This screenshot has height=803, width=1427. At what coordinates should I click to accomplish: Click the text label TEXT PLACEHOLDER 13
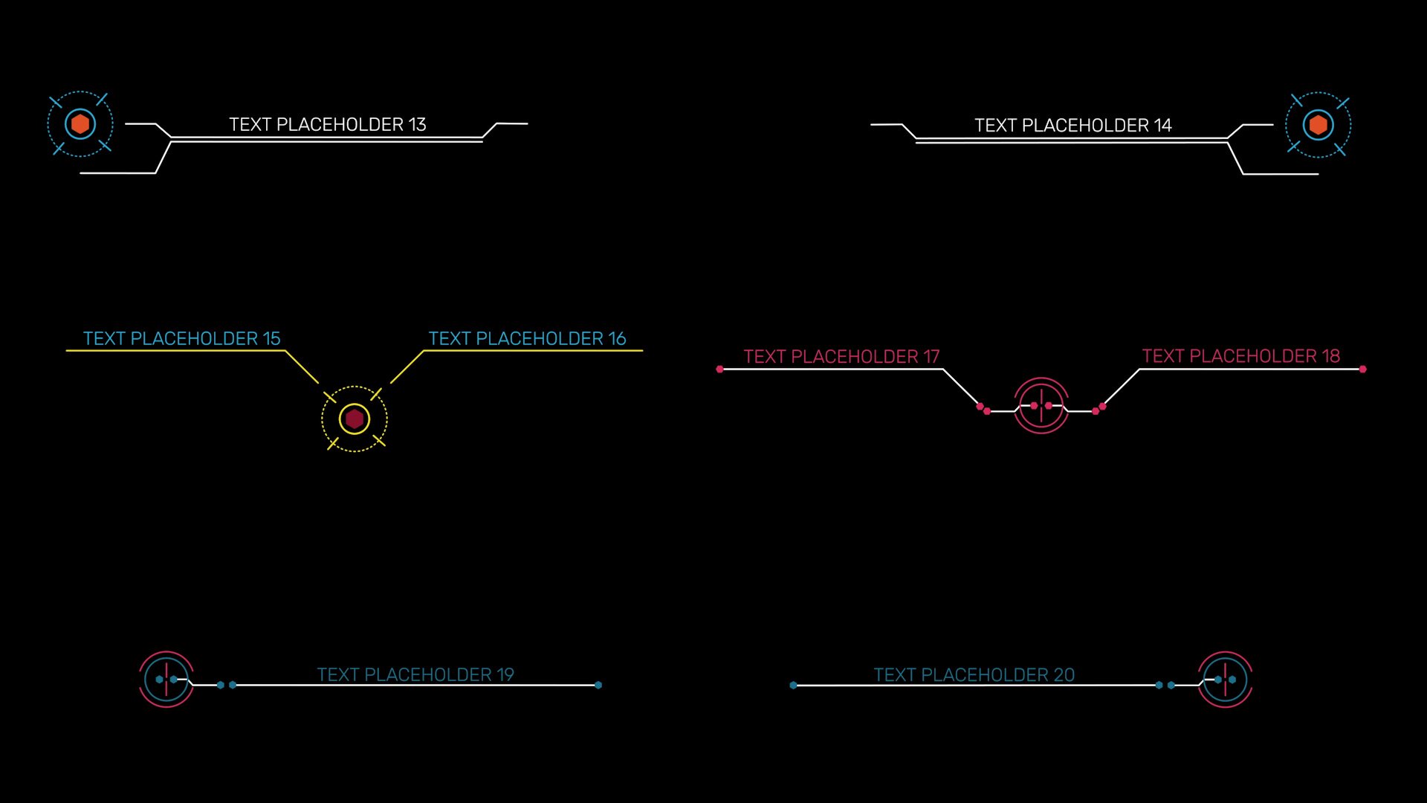coord(327,124)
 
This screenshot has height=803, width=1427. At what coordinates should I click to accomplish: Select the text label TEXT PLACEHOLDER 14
coord(1072,126)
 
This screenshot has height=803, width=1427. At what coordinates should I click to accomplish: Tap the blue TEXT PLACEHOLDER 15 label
coord(181,338)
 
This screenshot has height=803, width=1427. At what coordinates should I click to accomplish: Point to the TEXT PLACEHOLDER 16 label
coord(527,338)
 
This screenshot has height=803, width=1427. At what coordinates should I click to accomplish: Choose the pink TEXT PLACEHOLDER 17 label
coord(841,357)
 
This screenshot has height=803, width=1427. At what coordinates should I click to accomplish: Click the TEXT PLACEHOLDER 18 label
coord(1240,356)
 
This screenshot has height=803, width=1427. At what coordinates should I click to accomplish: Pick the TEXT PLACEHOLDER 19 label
coord(415,674)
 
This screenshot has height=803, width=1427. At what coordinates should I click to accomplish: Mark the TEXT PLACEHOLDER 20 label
coord(974,674)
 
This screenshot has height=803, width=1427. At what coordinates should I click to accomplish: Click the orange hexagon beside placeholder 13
coord(80,124)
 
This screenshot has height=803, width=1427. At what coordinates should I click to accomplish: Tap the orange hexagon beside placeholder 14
coord(1318,125)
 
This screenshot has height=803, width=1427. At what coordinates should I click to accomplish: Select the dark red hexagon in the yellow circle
coord(355,419)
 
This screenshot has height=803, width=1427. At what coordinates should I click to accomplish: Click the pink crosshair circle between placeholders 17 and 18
coord(1041,406)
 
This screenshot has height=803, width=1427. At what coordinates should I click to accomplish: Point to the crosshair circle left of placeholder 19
coord(166,680)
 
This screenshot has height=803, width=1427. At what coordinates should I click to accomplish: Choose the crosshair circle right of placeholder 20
coord(1225,680)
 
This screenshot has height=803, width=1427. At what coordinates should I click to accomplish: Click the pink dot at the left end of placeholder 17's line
coord(719,369)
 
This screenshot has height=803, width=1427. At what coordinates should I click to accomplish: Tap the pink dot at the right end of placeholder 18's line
coord(1362,369)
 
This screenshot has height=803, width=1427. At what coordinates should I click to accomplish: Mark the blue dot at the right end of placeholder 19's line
coord(598,685)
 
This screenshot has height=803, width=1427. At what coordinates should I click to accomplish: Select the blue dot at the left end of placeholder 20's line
coord(793,685)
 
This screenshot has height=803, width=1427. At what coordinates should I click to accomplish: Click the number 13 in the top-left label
coord(416,124)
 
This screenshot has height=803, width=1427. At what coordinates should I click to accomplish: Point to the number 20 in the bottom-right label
coord(1064,674)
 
